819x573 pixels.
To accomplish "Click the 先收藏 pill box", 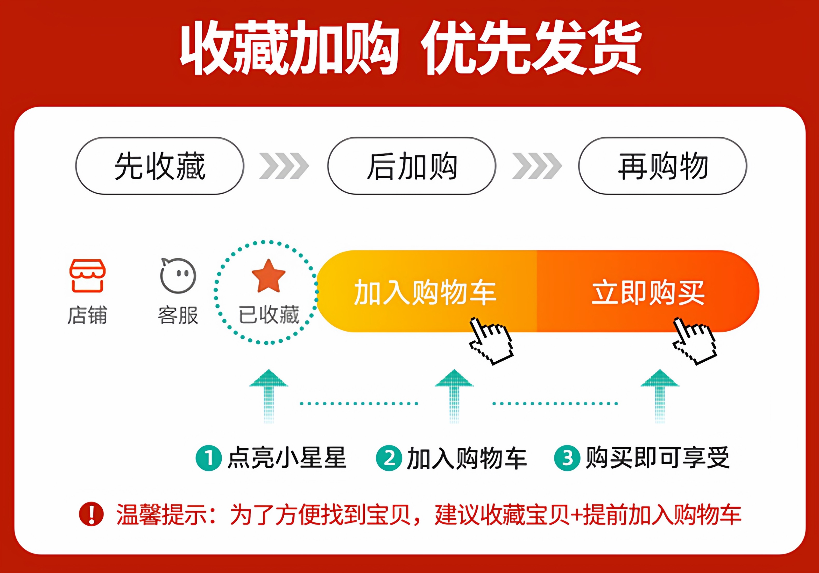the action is point(160,166).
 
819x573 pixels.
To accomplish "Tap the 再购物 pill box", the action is point(663,166).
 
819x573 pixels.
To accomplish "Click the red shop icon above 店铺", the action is point(87,276).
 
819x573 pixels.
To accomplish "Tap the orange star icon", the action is point(269,276).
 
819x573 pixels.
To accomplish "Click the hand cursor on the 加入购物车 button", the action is point(491,341).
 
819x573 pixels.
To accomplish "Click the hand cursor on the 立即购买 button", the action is point(695,341).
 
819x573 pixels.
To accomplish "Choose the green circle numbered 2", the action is point(389,458).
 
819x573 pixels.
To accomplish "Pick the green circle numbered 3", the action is point(567,458).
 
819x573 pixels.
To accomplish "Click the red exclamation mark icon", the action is point(91,514).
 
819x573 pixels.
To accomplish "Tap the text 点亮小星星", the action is point(287,457).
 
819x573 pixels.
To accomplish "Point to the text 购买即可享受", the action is point(658,457).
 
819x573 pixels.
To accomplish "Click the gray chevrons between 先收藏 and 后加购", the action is point(284,166).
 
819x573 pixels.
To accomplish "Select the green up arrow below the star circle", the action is point(269,396).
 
